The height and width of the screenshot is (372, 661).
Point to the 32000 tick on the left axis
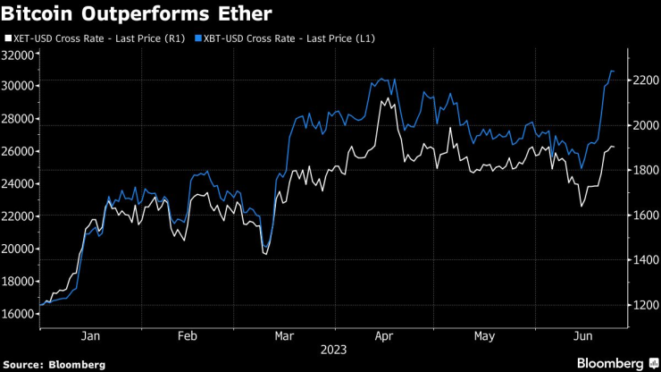18,55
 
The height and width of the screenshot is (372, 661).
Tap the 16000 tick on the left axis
18,314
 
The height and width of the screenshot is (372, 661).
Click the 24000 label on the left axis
18,184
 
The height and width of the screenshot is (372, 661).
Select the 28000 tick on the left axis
18,119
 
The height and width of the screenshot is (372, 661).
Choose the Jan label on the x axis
90,337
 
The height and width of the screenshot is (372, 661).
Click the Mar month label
284,337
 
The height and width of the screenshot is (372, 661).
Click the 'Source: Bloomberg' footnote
54,364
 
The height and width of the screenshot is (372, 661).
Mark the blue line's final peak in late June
612,71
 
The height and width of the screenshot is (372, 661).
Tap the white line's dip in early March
265,254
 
